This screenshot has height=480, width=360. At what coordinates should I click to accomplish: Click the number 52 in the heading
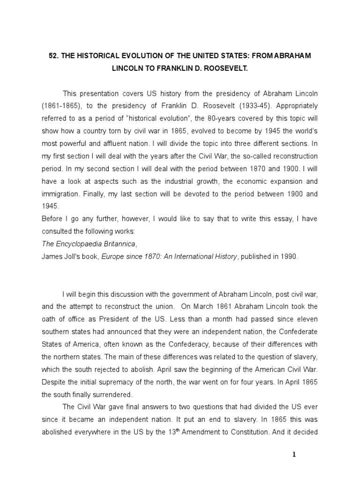click(53, 56)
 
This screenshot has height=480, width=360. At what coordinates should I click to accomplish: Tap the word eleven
click(307, 319)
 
